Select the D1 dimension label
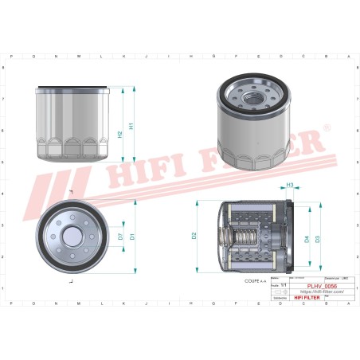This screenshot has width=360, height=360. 132,236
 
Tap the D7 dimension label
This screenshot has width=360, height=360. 120,237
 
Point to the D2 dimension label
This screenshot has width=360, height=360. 194,236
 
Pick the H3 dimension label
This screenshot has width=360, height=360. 290,186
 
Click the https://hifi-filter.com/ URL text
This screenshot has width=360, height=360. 321,292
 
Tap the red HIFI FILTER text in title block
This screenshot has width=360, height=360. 297,298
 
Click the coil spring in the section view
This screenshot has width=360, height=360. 243,237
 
